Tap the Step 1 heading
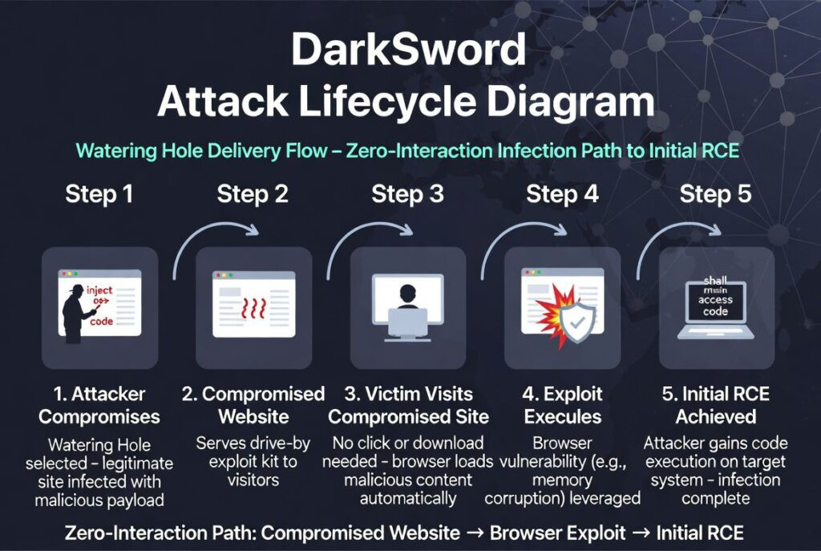point(100,194)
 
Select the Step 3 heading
point(407,194)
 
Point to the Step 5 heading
point(716,194)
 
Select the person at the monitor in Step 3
point(408,302)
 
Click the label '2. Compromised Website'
point(253,405)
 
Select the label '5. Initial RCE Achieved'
point(715,405)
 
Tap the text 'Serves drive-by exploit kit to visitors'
point(253,461)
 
